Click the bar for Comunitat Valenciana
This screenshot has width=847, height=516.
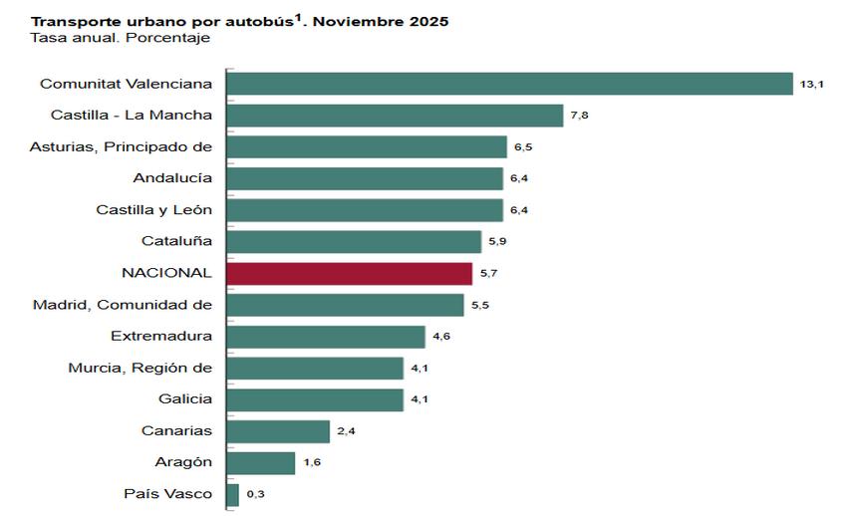509,85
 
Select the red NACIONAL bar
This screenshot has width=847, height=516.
350,273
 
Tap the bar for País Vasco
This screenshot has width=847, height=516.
233,494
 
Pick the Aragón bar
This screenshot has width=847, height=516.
261,463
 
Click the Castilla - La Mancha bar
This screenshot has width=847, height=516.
396,116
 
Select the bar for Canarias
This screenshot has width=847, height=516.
278,431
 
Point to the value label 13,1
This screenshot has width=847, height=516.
811,86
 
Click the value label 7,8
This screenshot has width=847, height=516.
580,117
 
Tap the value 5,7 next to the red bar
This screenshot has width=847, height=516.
489,274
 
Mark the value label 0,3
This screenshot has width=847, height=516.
255,495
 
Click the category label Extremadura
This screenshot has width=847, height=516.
161,336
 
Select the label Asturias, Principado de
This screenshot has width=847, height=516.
121,146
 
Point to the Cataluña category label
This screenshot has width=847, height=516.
177,241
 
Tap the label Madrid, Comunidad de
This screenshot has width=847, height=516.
122,304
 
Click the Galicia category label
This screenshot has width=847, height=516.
185,398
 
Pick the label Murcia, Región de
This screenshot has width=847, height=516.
140,368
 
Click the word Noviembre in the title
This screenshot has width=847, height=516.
345,21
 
